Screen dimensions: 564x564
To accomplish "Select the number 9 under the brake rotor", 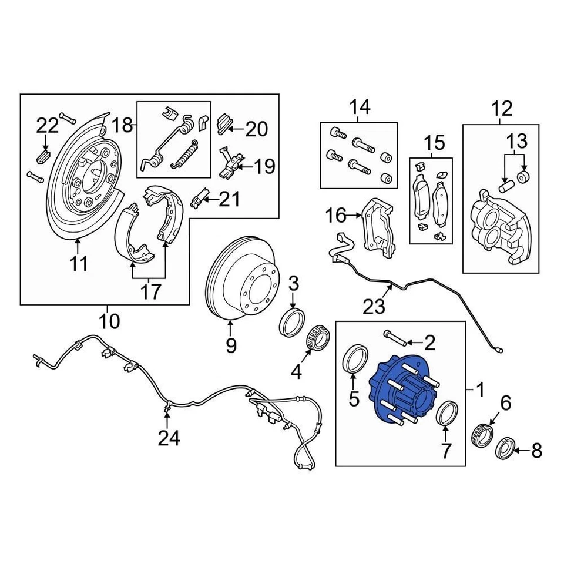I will tap(231, 345).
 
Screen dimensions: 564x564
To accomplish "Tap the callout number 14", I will tap(361, 107).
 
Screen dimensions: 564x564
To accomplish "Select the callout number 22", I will tap(48, 125).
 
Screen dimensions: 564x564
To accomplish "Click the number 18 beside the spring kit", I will tap(123, 125).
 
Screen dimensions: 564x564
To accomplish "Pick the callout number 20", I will tap(256, 129).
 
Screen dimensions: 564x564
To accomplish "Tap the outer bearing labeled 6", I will tap(482, 435).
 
